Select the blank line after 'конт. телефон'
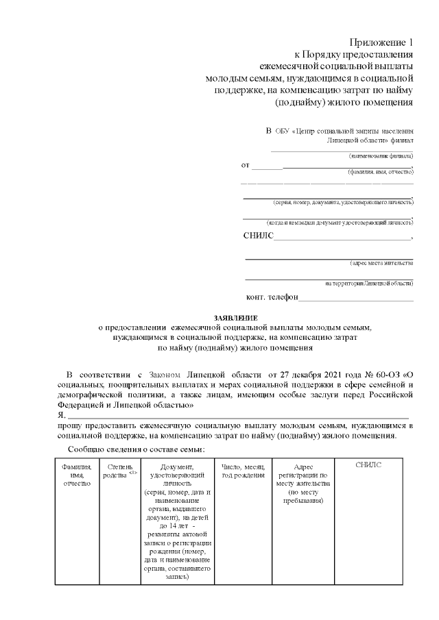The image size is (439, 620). [356, 299]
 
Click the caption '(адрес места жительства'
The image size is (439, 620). [381, 263]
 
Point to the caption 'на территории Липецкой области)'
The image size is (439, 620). [369, 283]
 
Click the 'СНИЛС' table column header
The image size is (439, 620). [368, 465]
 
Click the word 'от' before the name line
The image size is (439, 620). [245, 166]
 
